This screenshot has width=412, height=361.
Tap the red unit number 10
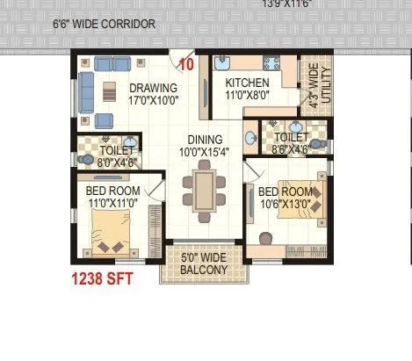(x=186, y=64)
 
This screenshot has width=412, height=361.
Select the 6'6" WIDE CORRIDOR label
(x=105, y=24)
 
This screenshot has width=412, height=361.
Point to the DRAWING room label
(x=154, y=88)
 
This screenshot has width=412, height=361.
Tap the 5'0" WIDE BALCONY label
(x=204, y=264)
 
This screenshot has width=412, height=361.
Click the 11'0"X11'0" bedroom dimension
(x=112, y=202)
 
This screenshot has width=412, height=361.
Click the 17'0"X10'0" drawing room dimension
(x=154, y=101)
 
